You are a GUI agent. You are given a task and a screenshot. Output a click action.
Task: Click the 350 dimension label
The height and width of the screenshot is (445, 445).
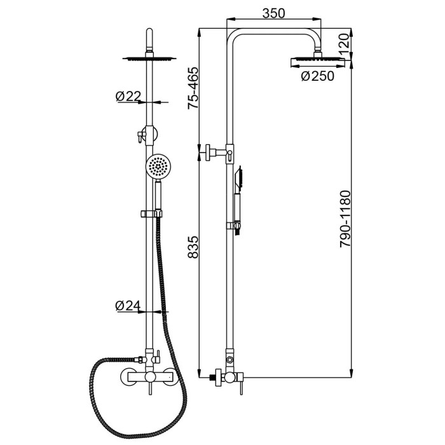tap(273, 13)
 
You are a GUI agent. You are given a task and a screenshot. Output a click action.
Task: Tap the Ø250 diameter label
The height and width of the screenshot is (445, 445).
tap(318, 76)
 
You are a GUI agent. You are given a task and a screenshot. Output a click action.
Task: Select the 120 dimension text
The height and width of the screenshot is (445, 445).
tap(343, 44)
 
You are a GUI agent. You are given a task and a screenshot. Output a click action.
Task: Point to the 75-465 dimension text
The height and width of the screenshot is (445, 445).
tap(193, 88)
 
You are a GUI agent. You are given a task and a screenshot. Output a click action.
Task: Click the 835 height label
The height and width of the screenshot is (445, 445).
tap(193, 247)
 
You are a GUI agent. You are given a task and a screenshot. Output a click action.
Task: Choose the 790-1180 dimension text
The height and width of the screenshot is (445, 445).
tap(346, 219)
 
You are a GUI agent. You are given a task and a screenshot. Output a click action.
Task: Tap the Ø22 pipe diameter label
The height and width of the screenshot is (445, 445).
tap(128, 97)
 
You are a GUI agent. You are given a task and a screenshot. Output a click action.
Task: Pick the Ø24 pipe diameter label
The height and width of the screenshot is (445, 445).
tap(128, 305)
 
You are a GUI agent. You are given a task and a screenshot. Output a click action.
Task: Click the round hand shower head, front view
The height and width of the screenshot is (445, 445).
tap(157, 167)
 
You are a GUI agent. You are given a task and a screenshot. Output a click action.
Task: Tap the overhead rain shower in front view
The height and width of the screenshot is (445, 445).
tap(149, 58)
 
